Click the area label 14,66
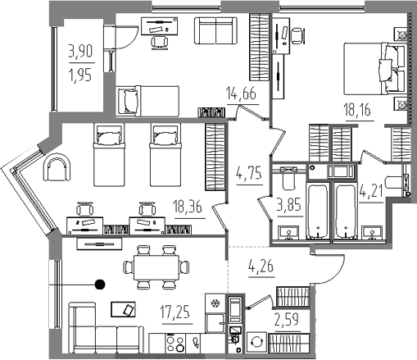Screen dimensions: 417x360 coord(242,93)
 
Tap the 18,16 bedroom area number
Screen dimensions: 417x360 coord(358,110)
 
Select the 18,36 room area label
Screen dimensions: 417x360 coord(188,207)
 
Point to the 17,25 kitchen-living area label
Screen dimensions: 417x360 coord(175,312)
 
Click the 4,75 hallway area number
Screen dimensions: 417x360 coord(248,174)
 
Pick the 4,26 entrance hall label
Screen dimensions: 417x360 coord(261,266)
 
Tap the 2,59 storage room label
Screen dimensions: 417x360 coord(287,320)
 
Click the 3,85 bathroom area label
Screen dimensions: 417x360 coord(289,204)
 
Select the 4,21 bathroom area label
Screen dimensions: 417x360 coord(370,191)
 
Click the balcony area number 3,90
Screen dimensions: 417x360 coord(81,51)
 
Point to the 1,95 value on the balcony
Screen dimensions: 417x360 coord(81,75)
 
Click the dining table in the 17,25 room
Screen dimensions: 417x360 coord(156,267)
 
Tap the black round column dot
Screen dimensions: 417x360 coord(100,285)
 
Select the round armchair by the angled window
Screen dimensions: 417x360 coord(57,167)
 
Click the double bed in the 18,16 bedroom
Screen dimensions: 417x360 coord(374,68)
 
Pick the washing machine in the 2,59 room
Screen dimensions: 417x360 coord(256,342)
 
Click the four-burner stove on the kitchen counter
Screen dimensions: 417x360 coord(175,343)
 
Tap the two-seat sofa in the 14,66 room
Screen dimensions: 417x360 coord(215,30)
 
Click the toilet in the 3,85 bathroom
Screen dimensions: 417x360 coord(288,178)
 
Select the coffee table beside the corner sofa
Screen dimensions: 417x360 coord(124,309)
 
